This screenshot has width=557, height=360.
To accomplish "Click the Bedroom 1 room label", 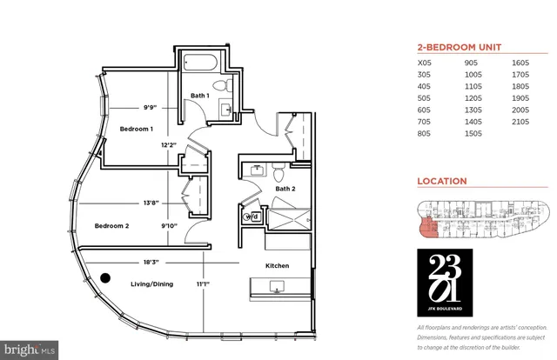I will [x=137, y=129].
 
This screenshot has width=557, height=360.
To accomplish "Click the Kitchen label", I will [x=278, y=265].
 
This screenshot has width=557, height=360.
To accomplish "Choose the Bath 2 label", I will [x=287, y=188].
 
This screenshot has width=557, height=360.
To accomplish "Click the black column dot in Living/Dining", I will [x=105, y=279].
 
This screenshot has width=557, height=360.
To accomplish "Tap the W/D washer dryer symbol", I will [x=253, y=216].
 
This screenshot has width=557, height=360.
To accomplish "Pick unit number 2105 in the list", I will [x=521, y=124].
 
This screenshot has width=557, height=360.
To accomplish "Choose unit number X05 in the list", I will [x=426, y=63].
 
